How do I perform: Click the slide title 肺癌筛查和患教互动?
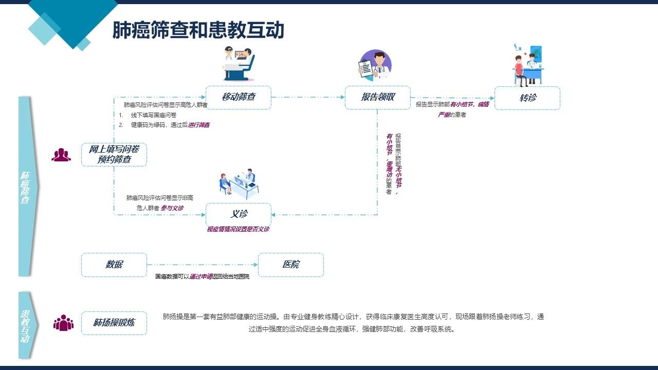pos(198,30)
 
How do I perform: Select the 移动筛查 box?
pos(238,97)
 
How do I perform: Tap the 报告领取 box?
pos(378,97)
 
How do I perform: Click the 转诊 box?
pos(527,98)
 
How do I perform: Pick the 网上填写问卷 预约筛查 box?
pos(114,154)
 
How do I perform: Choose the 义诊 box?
pos(238,214)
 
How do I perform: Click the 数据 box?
pos(114,265)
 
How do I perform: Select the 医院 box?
pos(290,265)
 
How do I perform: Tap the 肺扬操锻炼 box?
pos(114,323)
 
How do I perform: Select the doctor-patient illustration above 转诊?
pos(528,66)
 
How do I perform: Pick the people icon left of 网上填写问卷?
pos(61,154)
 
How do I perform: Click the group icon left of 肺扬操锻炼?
pos(63,323)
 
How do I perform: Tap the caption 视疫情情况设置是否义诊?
pos(238,229)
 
